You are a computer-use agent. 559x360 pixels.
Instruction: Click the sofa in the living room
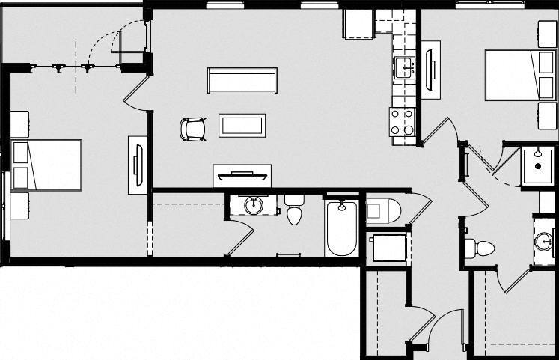point(242,80)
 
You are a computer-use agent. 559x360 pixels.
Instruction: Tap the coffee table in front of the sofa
point(242,125)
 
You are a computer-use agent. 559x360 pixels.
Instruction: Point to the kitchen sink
point(405,66)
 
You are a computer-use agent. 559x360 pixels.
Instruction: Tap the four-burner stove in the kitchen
point(403,122)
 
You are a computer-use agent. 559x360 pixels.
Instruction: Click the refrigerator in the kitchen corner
point(359,25)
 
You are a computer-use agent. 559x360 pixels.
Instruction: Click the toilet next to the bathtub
point(294,209)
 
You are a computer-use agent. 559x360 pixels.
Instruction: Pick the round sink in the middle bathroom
point(255,204)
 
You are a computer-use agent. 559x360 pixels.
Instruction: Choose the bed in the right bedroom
point(513,74)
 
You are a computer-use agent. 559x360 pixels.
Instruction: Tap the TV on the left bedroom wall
point(138,165)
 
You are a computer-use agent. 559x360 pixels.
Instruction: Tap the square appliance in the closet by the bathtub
point(388,247)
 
